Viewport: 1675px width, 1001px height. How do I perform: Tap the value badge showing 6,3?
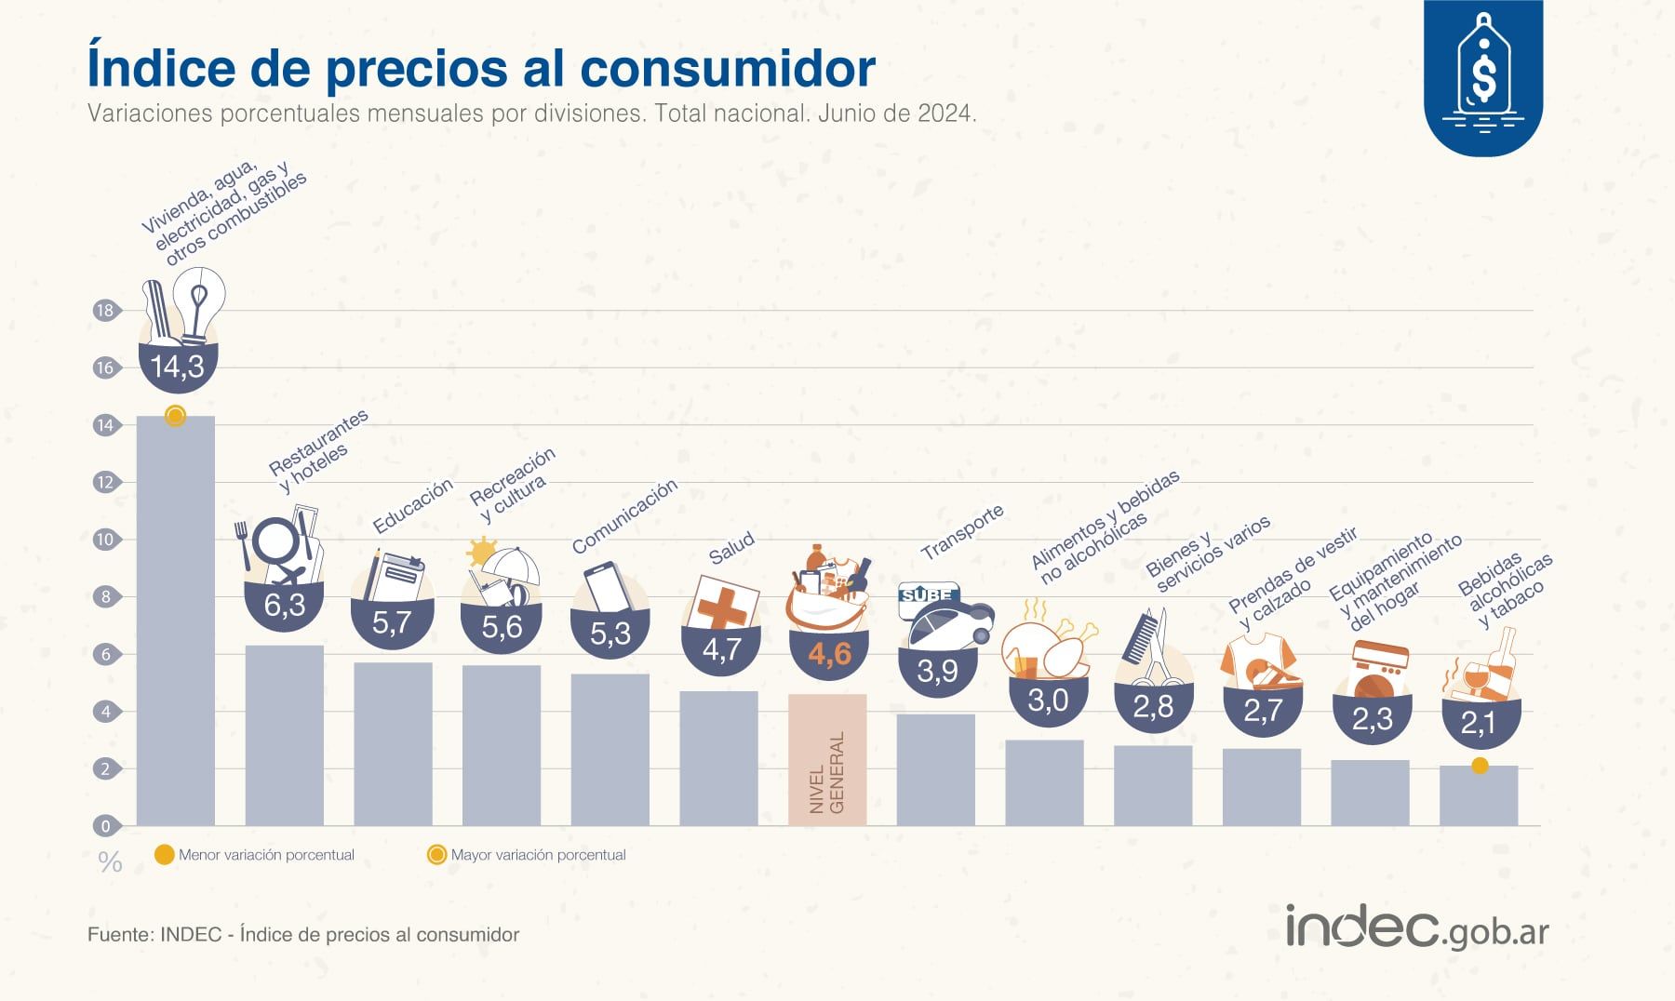point(284,606)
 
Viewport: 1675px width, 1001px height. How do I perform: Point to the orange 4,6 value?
point(829,654)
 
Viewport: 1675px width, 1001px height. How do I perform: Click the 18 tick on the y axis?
point(105,311)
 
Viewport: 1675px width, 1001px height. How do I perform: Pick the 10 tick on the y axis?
point(105,540)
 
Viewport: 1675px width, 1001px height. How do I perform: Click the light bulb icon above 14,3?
point(199,303)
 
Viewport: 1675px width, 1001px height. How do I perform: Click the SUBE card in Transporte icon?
point(927,595)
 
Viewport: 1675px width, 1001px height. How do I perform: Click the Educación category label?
point(412,505)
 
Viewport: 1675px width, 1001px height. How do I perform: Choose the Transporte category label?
point(962,531)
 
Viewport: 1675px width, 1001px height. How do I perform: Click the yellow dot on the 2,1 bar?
point(1480,766)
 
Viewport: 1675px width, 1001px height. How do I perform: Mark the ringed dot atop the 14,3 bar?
point(175,416)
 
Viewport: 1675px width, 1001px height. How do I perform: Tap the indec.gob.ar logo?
point(1416,927)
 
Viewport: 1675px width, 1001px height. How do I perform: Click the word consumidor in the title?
point(727,67)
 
